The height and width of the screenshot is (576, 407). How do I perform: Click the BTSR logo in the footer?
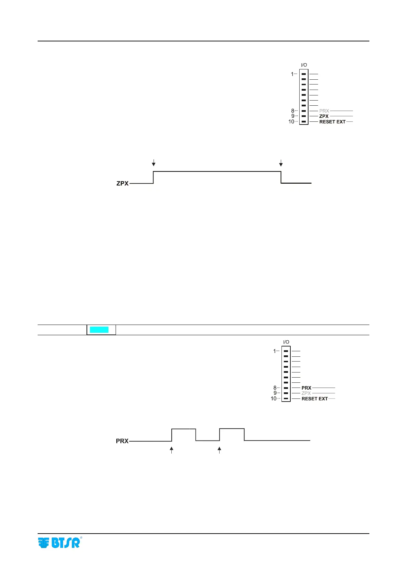click(60, 543)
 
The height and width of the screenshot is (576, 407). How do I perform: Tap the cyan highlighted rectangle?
click(99, 330)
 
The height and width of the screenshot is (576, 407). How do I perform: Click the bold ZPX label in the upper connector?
click(324, 116)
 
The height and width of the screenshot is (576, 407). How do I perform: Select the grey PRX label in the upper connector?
click(324, 111)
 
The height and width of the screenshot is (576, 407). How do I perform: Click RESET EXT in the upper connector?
click(332, 122)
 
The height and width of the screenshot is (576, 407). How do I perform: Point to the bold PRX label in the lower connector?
click(306, 388)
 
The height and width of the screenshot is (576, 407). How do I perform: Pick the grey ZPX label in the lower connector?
click(306, 393)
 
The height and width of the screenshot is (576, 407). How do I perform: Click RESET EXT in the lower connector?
click(314, 399)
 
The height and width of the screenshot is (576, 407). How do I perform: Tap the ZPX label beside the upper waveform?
click(122, 183)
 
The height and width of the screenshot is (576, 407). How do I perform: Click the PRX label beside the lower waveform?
click(122, 441)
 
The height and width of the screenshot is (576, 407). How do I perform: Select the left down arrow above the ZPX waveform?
click(154, 162)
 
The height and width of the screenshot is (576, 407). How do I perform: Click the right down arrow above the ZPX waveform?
click(281, 162)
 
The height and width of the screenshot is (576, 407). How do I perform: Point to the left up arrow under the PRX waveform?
click(172, 450)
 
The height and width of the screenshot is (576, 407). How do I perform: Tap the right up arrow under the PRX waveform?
click(220, 450)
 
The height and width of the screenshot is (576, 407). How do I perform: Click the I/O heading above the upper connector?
click(304, 65)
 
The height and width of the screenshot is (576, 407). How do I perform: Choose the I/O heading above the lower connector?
click(286, 342)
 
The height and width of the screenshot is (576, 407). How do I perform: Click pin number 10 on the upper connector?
click(291, 122)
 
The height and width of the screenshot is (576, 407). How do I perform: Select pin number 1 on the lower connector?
click(274, 351)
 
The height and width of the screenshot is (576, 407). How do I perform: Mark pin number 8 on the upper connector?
click(292, 111)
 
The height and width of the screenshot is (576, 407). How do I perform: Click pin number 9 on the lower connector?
click(275, 393)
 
